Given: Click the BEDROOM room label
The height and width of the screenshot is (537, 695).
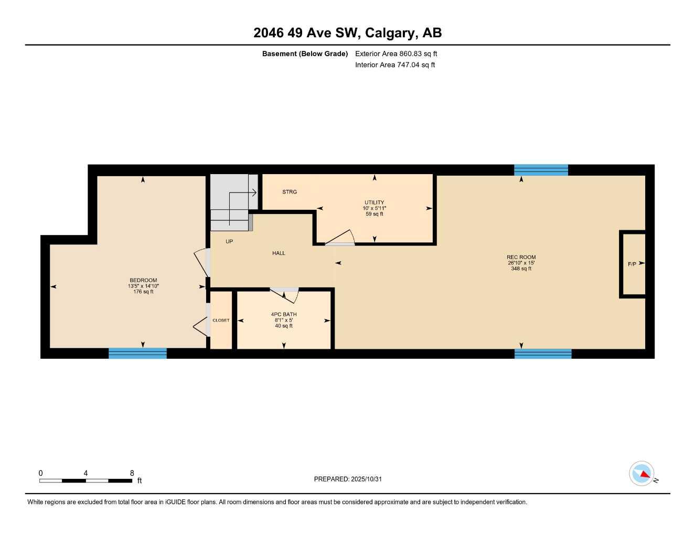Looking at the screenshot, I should (x=143, y=281).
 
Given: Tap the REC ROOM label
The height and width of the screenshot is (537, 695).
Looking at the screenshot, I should (x=521, y=257).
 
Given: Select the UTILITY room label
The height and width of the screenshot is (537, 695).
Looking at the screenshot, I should (x=374, y=202).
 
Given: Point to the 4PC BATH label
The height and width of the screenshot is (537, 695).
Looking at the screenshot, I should (x=284, y=315).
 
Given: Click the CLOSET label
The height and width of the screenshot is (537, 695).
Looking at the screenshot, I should (x=221, y=320).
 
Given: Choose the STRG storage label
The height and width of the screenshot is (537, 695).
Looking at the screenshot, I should (x=290, y=192).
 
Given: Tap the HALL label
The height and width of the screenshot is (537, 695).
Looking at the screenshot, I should (x=279, y=253).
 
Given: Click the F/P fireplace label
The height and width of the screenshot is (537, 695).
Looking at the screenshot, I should (x=632, y=264).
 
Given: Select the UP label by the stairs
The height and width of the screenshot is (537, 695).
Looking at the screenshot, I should (x=229, y=242).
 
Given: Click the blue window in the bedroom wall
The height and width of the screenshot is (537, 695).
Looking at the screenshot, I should (x=137, y=353).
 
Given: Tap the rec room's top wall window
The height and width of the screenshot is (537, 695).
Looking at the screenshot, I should (x=541, y=170).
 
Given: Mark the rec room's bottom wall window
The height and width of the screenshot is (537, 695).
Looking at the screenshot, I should (x=543, y=353).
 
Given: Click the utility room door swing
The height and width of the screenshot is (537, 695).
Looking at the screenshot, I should (x=341, y=238).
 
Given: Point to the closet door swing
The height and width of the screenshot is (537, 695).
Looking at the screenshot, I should (x=201, y=327).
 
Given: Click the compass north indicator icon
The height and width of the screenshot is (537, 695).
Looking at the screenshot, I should (x=641, y=474).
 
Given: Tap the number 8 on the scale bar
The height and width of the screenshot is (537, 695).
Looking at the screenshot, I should (x=132, y=473).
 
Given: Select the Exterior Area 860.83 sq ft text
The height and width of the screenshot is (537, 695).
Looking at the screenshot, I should (x=396, y=53).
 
